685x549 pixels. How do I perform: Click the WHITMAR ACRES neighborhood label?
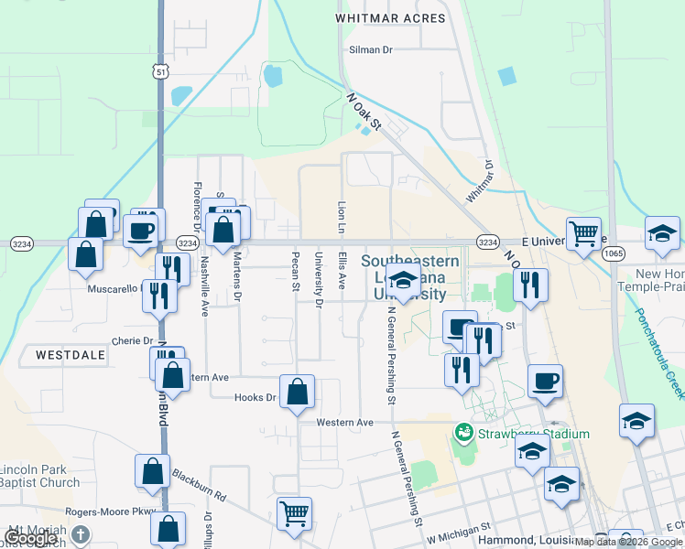tap(390, 18)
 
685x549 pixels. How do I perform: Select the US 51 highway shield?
tap(161, 72)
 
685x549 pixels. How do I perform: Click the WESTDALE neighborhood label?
tap(65, 353)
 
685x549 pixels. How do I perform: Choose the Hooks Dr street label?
tap(257, 397)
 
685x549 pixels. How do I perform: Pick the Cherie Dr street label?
tap(132, 340)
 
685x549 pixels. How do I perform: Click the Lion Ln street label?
tap(342, 218)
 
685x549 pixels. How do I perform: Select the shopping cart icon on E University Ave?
tap(583, 231)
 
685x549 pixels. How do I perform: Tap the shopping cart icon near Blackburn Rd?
tap(294, 512)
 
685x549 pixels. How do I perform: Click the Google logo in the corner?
tap(30, 538)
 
